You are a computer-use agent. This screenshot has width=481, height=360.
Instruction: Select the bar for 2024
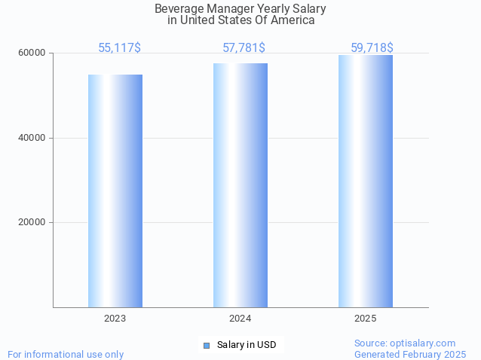(240, 185)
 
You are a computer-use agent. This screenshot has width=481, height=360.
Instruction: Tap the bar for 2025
(366, 181)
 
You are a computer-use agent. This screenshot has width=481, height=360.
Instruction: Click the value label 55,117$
(119, 48)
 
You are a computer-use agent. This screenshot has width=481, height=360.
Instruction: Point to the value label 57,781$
(244, 48)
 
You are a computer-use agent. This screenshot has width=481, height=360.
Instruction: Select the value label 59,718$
(372, 48)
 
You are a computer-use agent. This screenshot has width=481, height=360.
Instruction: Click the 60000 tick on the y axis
(33, 53)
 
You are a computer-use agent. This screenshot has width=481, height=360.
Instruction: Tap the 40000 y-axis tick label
(33, 138)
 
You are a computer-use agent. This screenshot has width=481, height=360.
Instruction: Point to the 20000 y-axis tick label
(33, 222)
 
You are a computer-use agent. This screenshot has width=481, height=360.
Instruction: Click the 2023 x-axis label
(115, 319)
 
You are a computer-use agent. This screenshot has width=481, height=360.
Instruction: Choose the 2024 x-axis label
(240, 319)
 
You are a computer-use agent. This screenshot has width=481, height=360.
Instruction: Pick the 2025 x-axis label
(366, 319)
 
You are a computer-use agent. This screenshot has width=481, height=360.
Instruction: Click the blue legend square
(207, 345)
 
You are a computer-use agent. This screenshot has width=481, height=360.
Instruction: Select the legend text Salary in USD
(247, 345)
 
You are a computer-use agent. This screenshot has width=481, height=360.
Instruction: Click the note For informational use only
(66, 354)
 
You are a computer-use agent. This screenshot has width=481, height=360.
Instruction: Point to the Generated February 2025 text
(410, 354)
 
